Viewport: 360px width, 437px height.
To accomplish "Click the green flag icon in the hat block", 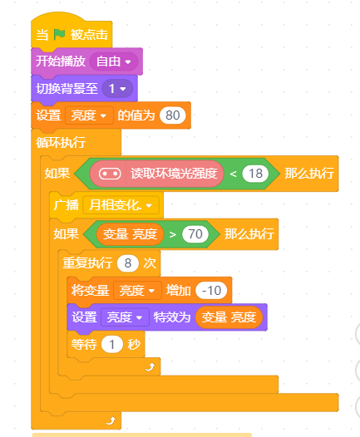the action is (59, 35).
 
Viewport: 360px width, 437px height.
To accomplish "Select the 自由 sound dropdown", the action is (114, 61).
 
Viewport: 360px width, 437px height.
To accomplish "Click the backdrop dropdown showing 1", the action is (117, 89).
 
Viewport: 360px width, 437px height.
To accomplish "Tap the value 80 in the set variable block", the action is (173, 115).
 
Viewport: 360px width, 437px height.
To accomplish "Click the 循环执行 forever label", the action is (61, 142).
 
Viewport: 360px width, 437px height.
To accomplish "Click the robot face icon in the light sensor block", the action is (110, 174).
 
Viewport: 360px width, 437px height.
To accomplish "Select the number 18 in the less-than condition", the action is (255, 174).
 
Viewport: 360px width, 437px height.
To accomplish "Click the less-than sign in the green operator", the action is (233, 174).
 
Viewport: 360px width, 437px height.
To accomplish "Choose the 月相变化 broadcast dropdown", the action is (121, 205).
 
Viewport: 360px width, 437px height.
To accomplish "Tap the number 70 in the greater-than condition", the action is (195, 234).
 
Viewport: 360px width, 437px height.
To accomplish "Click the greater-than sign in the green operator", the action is (173, 234).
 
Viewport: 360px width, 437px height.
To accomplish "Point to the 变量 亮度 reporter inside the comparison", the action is (130, 234).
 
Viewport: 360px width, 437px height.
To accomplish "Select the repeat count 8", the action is (128, 263).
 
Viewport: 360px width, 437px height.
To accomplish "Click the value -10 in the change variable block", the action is (211, 291).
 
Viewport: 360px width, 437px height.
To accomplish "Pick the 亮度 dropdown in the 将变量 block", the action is (137, 291).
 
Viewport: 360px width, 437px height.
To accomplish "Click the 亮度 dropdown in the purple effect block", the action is (125, 317).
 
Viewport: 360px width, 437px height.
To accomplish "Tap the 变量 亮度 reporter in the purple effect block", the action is (229, 317).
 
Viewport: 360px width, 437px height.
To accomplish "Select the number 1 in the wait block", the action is (111, 345).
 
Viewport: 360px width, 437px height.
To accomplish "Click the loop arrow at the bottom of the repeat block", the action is (150, 366).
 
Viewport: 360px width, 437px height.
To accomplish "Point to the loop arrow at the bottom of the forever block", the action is (111, 420).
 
